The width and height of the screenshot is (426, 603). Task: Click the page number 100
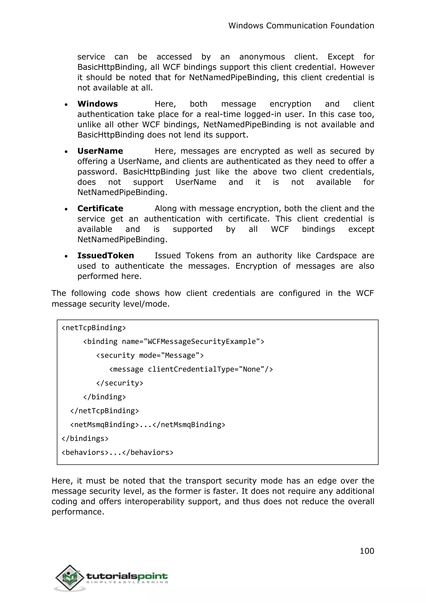367,551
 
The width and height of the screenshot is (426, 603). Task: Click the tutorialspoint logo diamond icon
70,578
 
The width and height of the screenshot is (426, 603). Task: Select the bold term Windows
98,104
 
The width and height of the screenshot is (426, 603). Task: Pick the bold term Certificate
100,208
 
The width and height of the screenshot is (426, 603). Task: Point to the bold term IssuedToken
105,255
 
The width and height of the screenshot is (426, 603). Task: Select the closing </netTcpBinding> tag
104,411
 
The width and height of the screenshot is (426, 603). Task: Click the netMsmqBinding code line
148,425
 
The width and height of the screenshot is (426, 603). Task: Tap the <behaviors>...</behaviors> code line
117,452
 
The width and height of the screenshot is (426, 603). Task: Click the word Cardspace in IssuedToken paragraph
336,255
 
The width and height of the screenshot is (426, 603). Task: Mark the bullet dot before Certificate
66,209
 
